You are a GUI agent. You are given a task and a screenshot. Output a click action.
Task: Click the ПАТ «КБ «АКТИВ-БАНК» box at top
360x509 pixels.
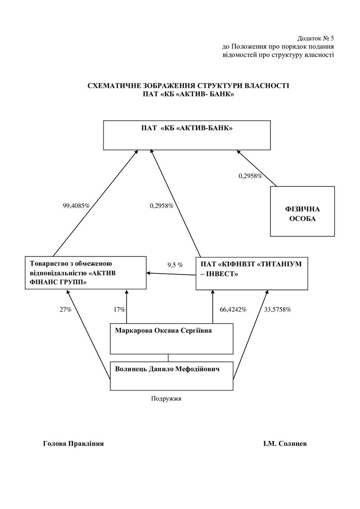click(x=187, y=135)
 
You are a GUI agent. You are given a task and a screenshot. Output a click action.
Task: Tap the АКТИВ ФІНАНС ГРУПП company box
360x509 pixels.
click(x=85, y=272)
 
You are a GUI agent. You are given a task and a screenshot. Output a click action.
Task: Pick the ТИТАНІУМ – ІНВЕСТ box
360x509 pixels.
click(x=252, y=273)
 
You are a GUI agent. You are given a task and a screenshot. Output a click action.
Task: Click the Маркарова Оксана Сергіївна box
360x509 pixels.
click(x=171, y=338)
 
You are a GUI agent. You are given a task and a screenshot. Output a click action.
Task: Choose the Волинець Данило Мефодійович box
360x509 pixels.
click(x=171, y=376)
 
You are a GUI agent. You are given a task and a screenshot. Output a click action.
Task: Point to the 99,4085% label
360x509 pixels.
click(x=76, y=206)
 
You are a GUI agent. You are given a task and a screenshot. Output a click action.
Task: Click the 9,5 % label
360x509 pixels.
click(x=175, y=265)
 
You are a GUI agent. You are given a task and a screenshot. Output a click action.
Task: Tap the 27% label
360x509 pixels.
click(x=66, y=310)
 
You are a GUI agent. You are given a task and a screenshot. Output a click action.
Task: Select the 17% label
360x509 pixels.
click(x=119, y=310)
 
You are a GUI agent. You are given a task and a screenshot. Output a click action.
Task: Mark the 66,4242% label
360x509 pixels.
click(x=233, y=310)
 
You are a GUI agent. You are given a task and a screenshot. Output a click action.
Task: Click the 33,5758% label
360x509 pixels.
click(x=278, y=310)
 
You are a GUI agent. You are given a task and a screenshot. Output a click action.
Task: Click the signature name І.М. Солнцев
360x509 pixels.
click(x=285, y=444)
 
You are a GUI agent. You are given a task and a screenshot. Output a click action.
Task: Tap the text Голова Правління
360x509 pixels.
click(x=73, y=444)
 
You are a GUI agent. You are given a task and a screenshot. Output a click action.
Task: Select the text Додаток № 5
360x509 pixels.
click(x=315, y=38)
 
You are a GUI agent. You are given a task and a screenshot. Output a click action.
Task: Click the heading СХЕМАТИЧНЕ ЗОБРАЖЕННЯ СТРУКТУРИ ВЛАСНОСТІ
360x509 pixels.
click(x=188, y=86)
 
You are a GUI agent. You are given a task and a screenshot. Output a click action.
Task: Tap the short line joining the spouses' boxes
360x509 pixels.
click(x=168, y=358)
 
